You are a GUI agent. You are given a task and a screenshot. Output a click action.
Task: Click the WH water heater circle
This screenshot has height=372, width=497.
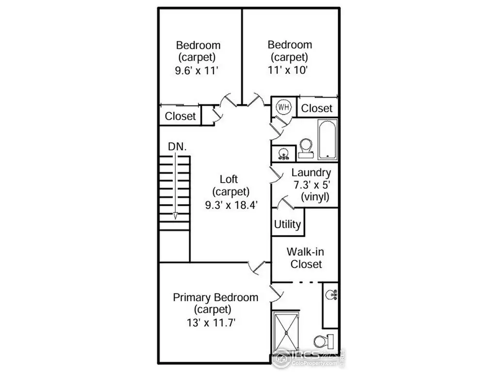coord(283,107)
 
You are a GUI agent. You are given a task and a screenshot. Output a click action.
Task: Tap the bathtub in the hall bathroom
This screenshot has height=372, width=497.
coord(327,139)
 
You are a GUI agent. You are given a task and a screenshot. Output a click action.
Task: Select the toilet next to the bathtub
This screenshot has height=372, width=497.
coord(306,148)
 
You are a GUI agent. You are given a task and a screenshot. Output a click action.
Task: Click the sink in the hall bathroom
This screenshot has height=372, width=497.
coord(283,154)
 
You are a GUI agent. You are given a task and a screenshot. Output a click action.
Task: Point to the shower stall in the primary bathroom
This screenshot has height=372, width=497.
coord(286,332)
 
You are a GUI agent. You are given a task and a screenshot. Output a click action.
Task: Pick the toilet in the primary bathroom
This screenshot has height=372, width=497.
coord(323,341)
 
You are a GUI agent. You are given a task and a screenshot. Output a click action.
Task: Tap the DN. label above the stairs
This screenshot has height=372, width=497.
coord(177,146)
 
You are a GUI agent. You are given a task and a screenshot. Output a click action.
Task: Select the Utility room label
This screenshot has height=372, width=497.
coord(287,224)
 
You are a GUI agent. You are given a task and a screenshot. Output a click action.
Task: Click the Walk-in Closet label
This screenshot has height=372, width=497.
coord(306,258)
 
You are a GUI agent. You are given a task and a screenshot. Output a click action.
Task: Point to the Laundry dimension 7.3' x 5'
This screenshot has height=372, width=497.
coord(312,185)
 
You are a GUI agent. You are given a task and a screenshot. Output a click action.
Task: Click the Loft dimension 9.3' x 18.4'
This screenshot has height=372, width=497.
coord(231,205)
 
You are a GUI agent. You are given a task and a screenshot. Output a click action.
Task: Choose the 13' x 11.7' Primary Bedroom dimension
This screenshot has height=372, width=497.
coord(211,323)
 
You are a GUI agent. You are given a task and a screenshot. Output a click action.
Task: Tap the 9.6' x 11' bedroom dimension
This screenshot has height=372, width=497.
coord(197,70)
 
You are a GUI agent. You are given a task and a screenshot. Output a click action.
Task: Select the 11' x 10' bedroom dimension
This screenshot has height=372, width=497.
coord(288,70)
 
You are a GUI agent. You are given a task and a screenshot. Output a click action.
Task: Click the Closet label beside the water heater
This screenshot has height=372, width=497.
coord(316,108)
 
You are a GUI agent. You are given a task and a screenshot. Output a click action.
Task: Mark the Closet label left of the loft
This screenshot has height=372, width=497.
coord(180,116)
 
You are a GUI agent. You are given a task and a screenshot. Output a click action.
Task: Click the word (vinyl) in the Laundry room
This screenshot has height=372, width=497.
coord(315,197)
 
